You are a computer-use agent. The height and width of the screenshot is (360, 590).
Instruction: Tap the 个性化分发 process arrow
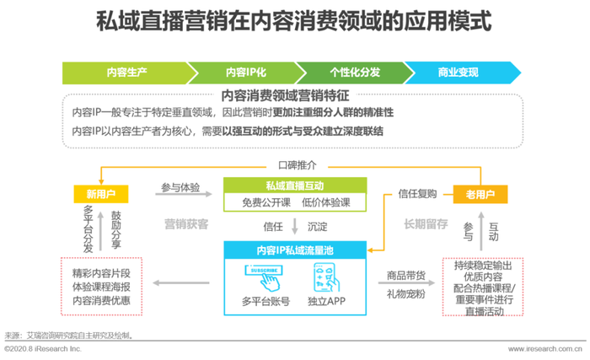(x=355, y=73)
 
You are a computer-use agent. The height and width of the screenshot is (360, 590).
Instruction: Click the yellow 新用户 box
(x=101, y=194)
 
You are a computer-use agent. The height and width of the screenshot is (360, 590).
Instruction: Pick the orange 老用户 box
(x=480, y=194)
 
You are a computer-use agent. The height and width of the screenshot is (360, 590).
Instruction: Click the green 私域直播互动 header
(x=295, y=185)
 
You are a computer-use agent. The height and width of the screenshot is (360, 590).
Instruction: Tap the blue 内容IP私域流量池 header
(x=295, y=250)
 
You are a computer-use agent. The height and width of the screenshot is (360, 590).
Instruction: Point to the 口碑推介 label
(x=298, y=165)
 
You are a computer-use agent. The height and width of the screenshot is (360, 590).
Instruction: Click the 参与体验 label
(x=180, y=187)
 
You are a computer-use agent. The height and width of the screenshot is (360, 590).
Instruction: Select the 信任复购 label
(x=417, y=194)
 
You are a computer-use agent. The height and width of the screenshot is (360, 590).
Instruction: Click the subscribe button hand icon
(x=265, y=277)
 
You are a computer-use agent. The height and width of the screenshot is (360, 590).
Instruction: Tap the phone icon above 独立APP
(x=327, y=277)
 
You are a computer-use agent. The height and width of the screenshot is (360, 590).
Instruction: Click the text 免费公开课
(x=266, y=202)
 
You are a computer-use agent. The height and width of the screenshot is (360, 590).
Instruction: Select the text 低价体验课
(x=326, y=202)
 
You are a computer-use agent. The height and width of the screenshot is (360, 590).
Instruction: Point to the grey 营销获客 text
(x=186, y=224)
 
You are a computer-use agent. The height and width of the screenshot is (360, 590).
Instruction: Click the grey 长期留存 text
(x=426, y=224)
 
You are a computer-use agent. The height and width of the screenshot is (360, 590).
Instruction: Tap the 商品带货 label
(x=406, y=276)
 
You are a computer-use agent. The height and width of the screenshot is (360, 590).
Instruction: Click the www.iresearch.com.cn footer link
(x=544, y=349)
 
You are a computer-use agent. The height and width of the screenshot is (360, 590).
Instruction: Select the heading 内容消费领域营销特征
(x=285, y=95)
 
